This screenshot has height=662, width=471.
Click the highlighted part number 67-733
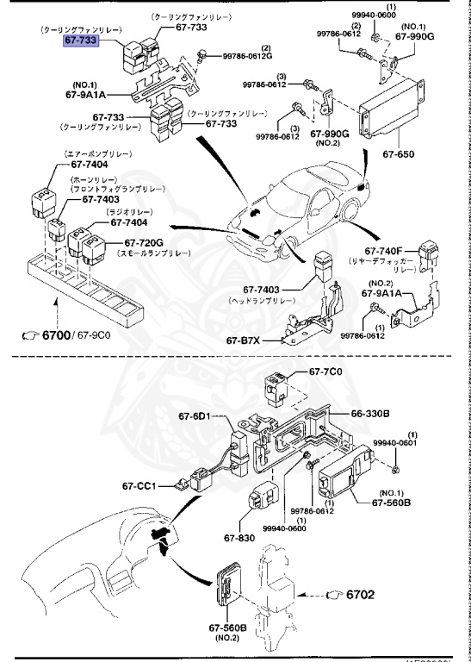tap(81, 41)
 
